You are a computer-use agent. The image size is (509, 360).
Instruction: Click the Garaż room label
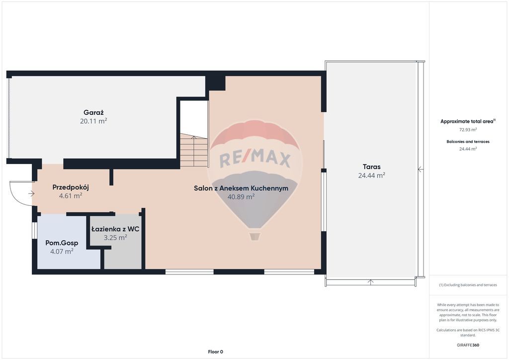93,113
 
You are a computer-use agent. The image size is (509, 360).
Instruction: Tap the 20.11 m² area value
93,121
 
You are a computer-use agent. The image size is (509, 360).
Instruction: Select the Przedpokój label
71,187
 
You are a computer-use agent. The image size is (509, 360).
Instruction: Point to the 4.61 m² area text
71,196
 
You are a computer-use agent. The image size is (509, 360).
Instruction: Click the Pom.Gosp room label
62,243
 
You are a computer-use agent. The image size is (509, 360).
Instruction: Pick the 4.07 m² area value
62,251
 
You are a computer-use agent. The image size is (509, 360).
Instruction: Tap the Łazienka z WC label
115,229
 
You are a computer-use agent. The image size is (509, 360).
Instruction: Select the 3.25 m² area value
115,238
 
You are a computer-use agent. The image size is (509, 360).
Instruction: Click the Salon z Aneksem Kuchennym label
241,188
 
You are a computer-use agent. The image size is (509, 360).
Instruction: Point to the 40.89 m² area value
241,197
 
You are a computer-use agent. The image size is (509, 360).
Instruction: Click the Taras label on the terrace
372,167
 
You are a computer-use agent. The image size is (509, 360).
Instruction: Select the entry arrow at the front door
31,194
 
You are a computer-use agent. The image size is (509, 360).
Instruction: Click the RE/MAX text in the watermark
255,160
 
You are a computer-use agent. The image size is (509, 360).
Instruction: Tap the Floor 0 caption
216,352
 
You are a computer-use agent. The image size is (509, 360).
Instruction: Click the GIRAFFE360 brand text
468,345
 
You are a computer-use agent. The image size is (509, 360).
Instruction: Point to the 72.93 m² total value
468,129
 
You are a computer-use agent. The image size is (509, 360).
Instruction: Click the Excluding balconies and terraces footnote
468,285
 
